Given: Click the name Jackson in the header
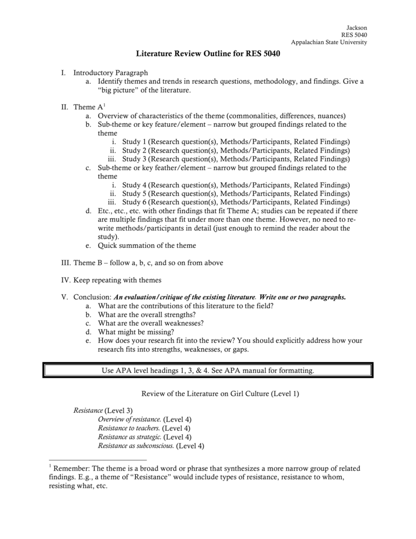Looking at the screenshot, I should tap(357, 28).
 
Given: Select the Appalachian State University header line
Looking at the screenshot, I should tap(329, 43).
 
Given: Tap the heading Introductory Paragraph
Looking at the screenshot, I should tap(110, 72).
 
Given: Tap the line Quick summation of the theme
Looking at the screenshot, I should tap(147, 245).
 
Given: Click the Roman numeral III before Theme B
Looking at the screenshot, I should tap(65, 263).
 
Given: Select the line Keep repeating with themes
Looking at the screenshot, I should tap(117, 280).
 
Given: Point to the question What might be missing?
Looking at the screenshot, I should tap(136, 332).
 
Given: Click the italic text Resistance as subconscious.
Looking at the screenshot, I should tap(136, 445).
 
